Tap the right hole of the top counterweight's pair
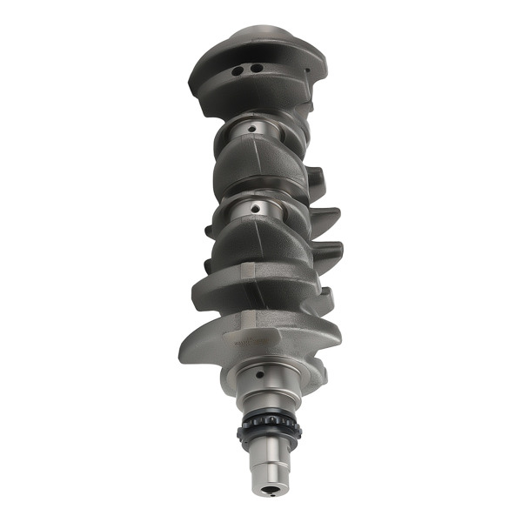[x=257, y=68]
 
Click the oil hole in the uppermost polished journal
[x=252, y=129]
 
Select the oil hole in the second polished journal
[x=254, y=207]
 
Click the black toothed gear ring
[x=269, y=427]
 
